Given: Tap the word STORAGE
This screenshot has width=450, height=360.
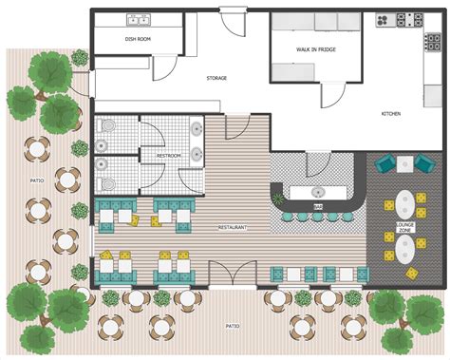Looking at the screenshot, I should coord(216,78).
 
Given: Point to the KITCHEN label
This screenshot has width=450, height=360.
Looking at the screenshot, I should coord(391,114).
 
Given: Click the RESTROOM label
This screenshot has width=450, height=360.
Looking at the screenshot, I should coord(169,155).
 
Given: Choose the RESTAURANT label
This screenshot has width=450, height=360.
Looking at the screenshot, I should coord(233,228).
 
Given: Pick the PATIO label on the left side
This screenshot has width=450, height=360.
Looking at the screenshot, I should coord(37,180).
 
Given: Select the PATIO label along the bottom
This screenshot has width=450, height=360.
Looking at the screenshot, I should coord(233,325).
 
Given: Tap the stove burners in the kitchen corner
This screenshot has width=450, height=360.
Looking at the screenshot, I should coord(409,18).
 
